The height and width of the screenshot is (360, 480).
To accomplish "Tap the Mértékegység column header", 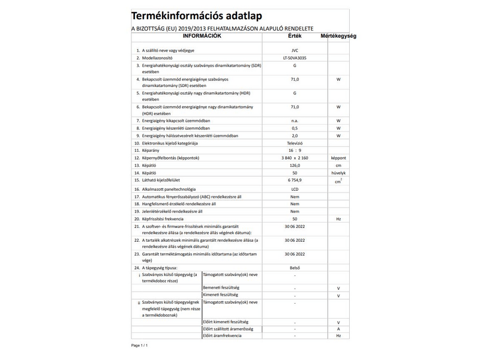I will pos(338,37).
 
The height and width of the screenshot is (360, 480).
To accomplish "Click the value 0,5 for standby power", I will pos(295,128).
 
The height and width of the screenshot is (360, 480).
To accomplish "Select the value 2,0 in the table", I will pos(295,136).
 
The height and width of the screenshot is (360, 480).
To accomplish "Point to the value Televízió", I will pos(295,144).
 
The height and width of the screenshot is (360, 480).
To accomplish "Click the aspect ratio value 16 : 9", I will pos(295,151).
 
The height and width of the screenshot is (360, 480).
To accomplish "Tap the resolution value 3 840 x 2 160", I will pos(295,158).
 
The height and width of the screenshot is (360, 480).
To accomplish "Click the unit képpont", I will pos(338,158).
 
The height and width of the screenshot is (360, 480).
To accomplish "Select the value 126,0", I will pos(295,166).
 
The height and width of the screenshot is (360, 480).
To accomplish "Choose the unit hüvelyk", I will pos(338,173).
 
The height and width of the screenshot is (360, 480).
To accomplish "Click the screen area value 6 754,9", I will pos(295,181).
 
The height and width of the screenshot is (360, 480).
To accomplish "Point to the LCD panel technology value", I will pos(295,189).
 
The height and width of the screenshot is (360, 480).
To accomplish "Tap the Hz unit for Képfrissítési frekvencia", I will pos(338,219).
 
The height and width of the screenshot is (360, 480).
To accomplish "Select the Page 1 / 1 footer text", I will pos(139,346).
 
